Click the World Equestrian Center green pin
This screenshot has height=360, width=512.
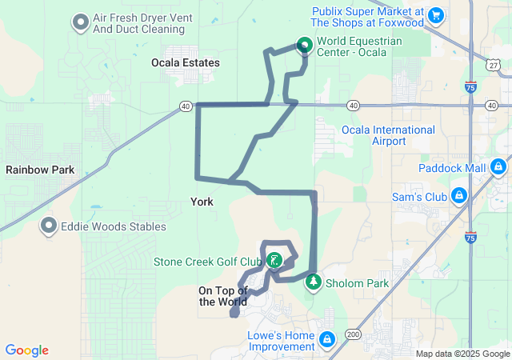point(305,46)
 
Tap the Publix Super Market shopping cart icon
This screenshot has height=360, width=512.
point(436,14)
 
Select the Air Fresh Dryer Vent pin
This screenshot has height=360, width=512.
point(81,22)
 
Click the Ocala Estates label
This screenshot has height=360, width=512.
point(186,62)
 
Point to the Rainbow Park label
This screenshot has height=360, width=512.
point(40,170)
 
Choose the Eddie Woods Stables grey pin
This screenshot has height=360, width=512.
point(50,226)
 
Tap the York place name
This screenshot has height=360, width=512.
point(202,202)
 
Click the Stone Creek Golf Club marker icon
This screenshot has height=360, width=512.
point(274,260)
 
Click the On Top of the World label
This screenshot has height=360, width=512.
point(223,296)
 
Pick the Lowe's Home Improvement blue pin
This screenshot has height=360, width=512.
point(326,340)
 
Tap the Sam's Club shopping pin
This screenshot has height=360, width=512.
point(459,196)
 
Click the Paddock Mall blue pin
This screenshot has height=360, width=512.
point(498,167)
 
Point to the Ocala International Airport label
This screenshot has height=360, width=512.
point(388,135)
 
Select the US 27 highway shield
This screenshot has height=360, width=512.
point(493,62)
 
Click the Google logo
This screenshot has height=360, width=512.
point(27,350)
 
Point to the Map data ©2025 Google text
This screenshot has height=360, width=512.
point(462,354)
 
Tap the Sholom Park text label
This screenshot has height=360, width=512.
point(357,284)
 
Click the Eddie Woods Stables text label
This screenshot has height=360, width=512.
point(114,226)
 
